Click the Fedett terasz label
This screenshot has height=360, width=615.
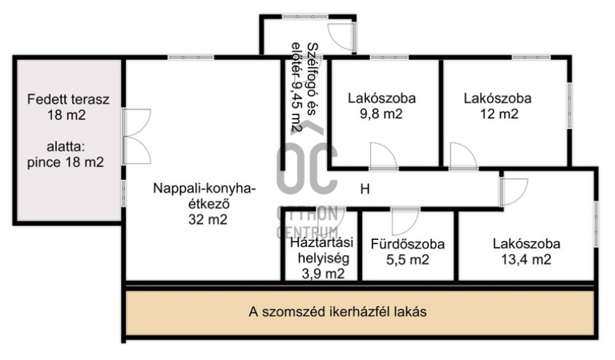[x=68, y=99]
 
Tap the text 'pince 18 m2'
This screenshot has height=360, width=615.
[x=66, y=162]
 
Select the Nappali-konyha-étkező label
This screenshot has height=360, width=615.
[x=205, y=196]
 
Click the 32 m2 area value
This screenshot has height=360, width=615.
[x=208, y=219]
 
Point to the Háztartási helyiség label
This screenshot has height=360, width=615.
[x=322, y=250]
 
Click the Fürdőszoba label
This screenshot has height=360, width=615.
[x=408, y=244]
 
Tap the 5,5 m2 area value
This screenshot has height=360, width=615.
[x=408, y=260]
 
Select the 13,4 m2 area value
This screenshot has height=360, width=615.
[x=526, y=259]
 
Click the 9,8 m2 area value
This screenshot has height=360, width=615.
[x=381, y=114]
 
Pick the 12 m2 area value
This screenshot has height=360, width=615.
[x=499, y=114]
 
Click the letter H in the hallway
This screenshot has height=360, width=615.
[x=365, y=189]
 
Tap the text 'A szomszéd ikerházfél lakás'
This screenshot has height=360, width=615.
[x=337, y=312]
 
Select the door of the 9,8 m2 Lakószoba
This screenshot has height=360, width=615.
[x=384, y=156]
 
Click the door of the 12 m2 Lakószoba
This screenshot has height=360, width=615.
[x=463, y=156]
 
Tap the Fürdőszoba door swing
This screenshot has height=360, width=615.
[x=405, y=222]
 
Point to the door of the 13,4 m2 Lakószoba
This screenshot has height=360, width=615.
[x=513, y=192]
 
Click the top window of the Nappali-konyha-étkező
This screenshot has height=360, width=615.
[x=191, y=58]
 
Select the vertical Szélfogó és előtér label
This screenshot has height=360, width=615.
[x=304, y=87]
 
